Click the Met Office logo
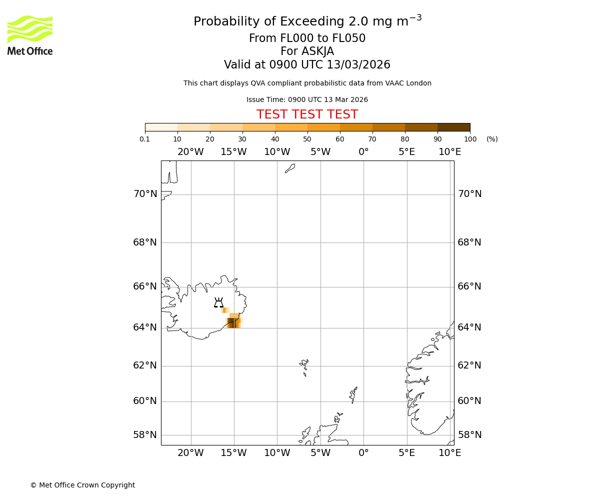click(x=30, y=35)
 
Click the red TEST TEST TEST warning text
click(x=307, y=115)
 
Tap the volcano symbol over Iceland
click(x=218, y=303)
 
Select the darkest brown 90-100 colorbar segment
click(x=453, y=127)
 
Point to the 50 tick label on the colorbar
click(x=307, y=139)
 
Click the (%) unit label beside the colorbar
click(x=492, y=139)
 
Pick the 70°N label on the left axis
click(x=145, y=194)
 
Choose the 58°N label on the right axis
click(x=469, y=435)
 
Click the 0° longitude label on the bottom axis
click(x=363, y=453)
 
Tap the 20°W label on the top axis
click(x=190, y=152)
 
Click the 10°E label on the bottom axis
click(x=449, y=453)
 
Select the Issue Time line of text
click(x=307, y=100)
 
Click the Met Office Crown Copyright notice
click(x=82, y=485)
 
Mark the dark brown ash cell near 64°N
click(x=231, y=322)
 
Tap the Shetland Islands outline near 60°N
click(x=353, y=394)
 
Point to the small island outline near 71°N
click(x=290, y=168)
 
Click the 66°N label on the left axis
click(x=145, y=286)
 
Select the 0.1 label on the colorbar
click(x=145, y=139)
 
